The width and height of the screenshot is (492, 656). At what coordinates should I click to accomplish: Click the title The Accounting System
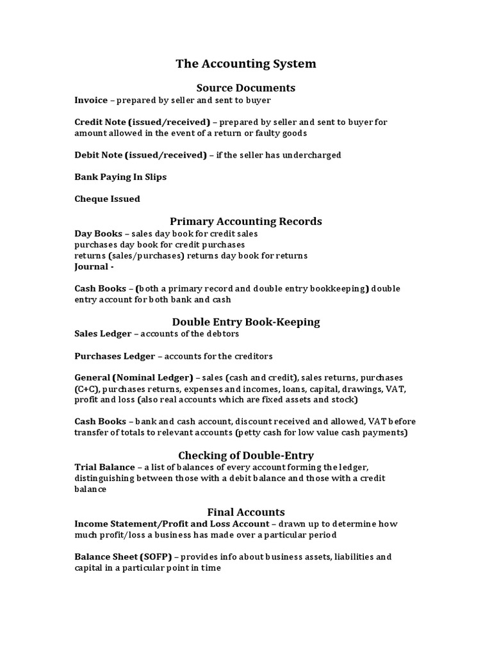246,64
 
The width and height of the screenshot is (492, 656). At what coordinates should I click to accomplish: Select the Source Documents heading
246,87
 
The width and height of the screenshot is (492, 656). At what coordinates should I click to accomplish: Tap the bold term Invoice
91,101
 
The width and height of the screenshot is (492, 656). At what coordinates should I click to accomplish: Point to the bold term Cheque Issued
107,199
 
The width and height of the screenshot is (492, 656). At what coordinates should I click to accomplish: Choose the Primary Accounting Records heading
246,221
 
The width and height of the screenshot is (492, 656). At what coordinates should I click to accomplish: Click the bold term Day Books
98,234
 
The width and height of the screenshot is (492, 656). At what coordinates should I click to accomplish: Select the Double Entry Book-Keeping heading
246,321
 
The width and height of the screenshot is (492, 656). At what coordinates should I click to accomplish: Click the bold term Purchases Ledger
115,356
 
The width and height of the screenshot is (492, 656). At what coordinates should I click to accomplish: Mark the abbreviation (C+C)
86,389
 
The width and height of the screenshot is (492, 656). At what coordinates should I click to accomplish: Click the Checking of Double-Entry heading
246,455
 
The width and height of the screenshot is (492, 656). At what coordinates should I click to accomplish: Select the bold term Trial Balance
104,468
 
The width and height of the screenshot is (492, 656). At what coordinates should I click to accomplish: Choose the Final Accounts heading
246,512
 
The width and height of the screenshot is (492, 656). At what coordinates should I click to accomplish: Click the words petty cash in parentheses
262,432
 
